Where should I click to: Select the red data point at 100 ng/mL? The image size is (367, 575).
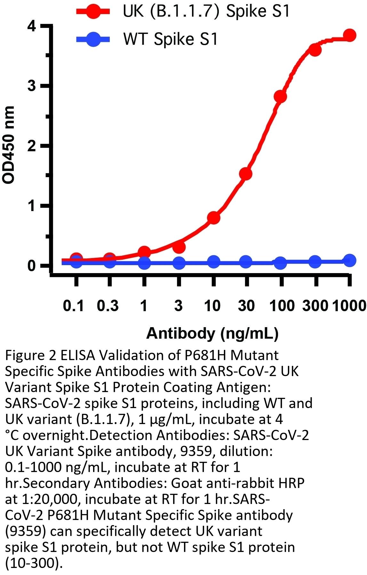point(280,96)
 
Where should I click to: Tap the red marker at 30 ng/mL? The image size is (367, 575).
point(245,174)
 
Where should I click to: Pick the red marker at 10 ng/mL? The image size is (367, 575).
point(213,218)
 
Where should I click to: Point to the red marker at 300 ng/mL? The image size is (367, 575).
point(315,50)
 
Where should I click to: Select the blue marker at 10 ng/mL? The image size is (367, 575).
point(213,262)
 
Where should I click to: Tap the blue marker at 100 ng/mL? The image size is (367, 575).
point(280,263)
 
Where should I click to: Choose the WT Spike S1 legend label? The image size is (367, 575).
point(170,39)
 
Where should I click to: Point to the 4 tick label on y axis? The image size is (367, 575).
point(32,26)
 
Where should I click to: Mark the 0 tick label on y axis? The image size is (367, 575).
point(32,266)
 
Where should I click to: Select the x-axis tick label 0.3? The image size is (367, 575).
point(108,306)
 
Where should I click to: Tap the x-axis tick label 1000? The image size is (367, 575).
point(349,306)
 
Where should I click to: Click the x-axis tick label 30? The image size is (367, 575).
point(246,306)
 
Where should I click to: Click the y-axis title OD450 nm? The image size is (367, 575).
point(9,145)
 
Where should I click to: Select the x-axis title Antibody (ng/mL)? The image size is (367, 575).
point(212,333)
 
